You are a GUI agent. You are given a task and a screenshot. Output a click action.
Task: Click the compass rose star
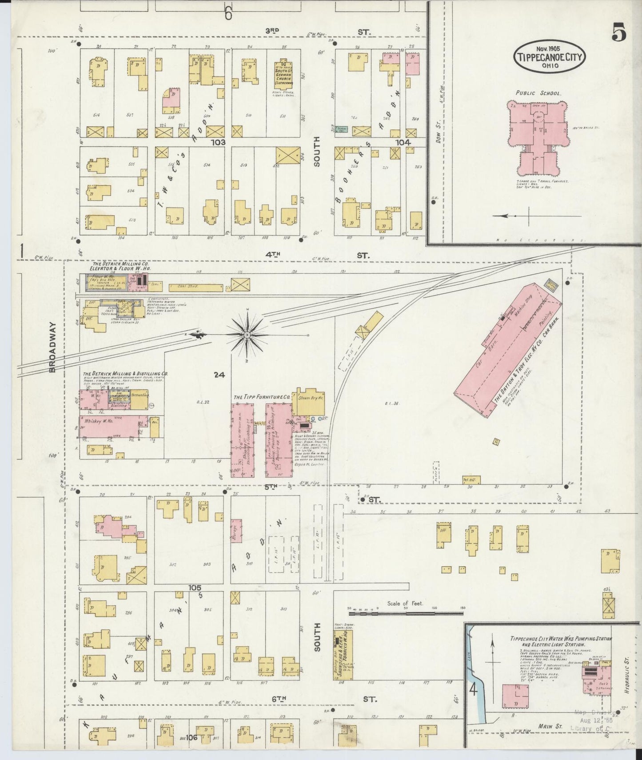247,334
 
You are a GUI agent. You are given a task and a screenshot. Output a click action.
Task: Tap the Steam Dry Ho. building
309,403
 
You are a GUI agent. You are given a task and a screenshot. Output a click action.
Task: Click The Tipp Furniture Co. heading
262,396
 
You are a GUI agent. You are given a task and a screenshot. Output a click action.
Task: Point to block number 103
219,142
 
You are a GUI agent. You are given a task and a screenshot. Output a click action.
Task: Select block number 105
194,588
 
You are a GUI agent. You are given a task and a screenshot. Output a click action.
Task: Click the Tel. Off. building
471,480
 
